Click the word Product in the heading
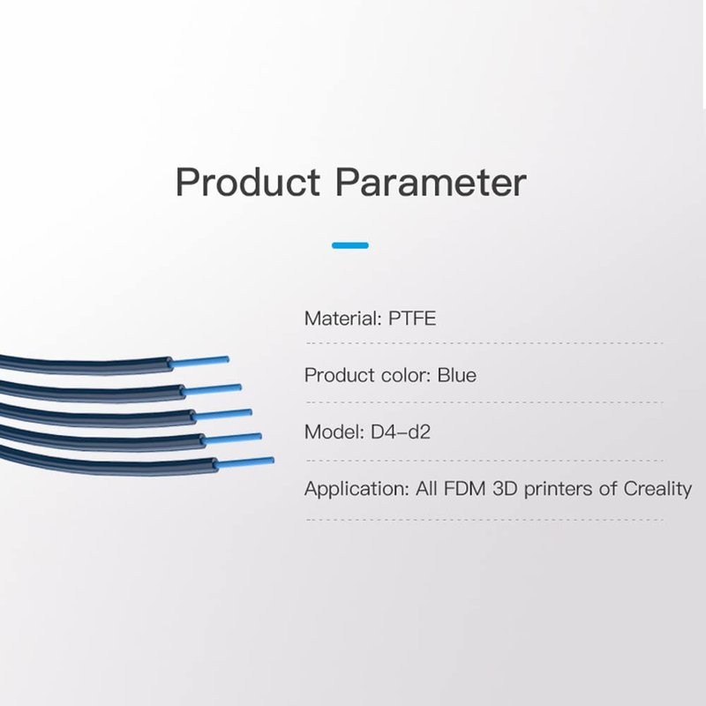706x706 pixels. tap(248, 182)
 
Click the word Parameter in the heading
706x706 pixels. tap(431, 182)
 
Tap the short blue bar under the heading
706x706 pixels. tap(350, 245)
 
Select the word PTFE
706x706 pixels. tap(412, 319)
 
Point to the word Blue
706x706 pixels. tap(457, 375)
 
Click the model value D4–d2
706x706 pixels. tap(401, 432)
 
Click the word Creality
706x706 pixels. tap(657, 490)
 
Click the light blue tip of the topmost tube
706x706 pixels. tap(200, 361)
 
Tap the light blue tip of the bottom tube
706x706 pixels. tap(245, 462)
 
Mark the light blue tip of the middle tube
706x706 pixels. tap(223, 414)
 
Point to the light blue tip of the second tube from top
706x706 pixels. tap(213, 389)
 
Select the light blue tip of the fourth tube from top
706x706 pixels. tap(233, 438)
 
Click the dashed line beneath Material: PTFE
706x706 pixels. tap(484, 343)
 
